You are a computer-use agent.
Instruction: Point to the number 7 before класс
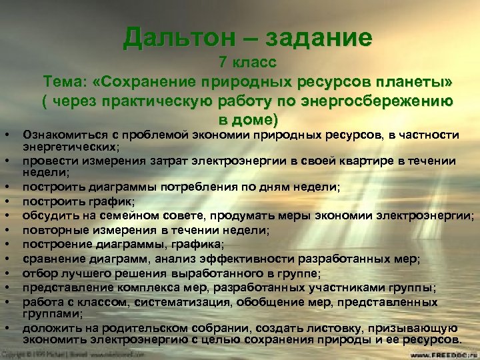(x=223, y=64)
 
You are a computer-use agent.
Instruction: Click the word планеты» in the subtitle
(x=418, y=82)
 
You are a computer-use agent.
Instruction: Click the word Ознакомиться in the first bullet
(x=63, y=136)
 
